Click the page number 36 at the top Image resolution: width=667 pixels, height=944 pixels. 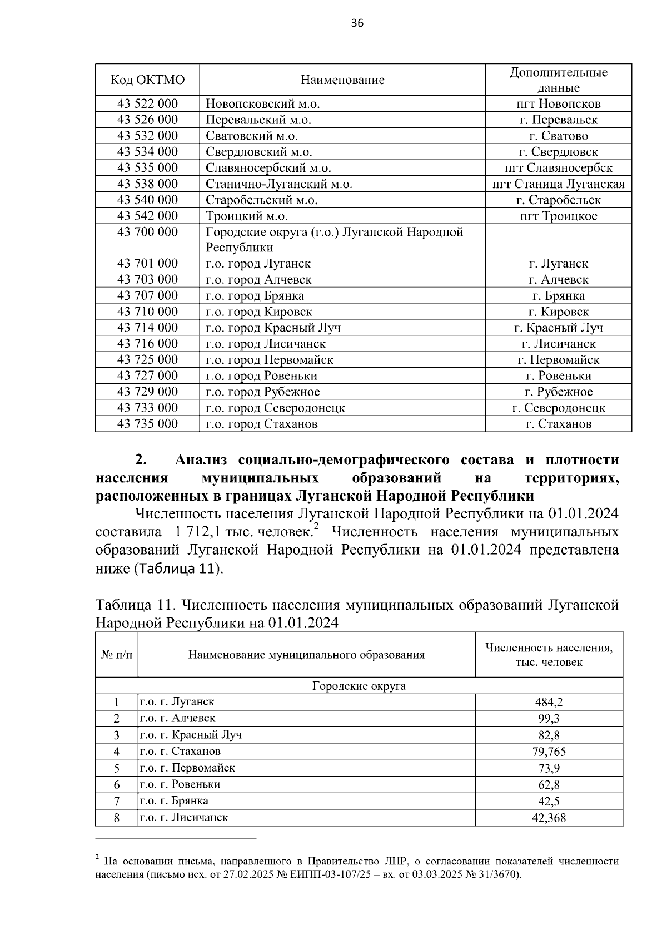coord(357,23)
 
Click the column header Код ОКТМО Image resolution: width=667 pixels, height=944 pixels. coord(147,80)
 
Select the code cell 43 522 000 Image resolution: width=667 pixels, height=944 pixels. coord(147,103)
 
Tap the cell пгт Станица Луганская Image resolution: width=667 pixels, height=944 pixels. coord(559,184)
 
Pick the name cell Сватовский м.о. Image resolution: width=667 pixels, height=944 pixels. coord(252,136)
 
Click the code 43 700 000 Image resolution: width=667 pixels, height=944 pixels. coord(147,232)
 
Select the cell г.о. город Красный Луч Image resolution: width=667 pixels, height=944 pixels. coord(273,328)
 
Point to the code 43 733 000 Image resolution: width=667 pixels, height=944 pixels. coord(147,408)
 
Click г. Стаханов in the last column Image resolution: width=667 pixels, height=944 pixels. coord(559,424)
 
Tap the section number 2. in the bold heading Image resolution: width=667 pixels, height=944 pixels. coord(141,460)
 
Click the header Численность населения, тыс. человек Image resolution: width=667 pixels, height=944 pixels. coord(549,655)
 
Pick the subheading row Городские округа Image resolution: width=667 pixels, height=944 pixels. coord(359,686)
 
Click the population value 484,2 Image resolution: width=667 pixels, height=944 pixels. coord(549,702)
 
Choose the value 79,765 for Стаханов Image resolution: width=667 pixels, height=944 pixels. coord(549,752)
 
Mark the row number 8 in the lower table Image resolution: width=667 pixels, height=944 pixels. coord(117,818)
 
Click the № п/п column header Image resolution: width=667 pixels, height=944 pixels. coord(117,655)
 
